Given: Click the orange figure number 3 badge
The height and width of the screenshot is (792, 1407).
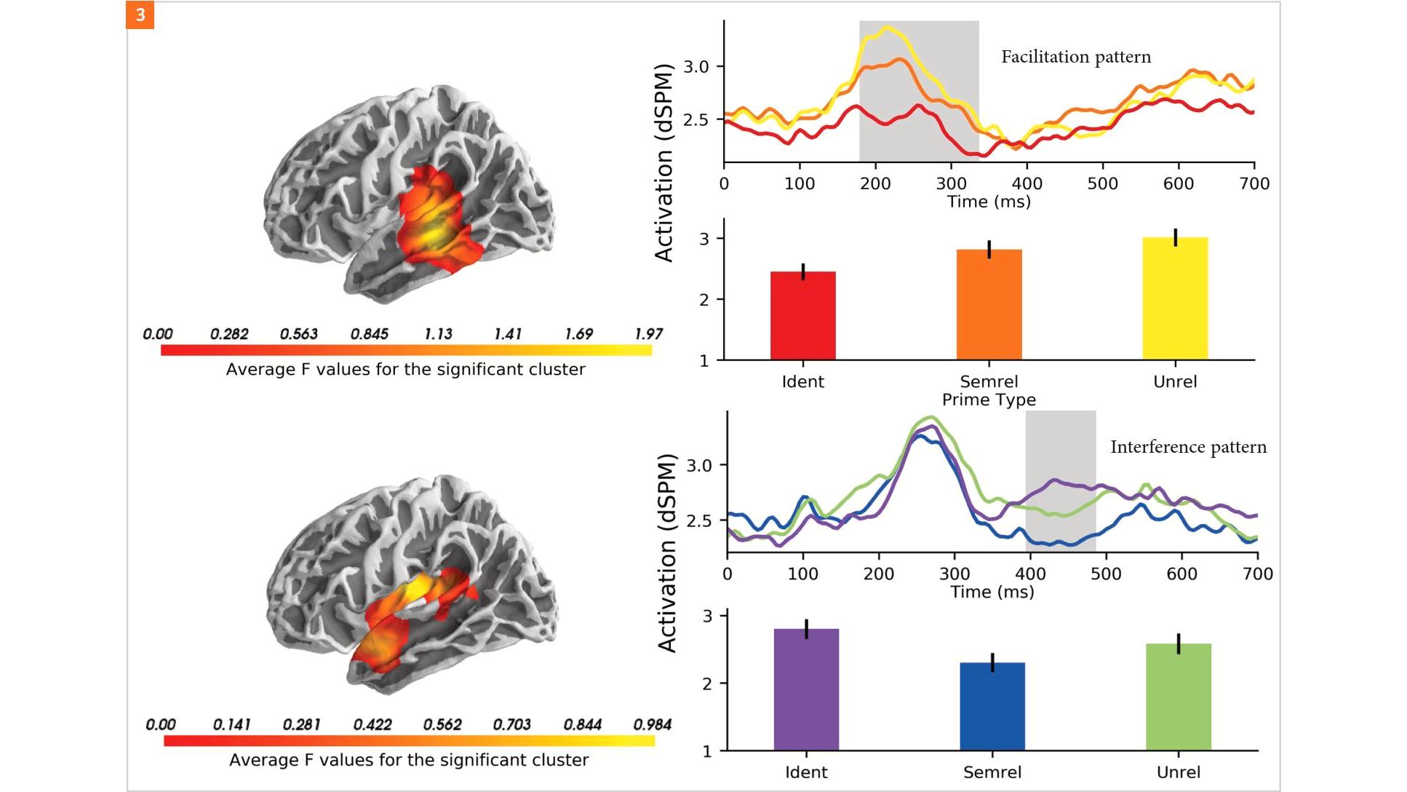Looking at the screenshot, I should (140, 15).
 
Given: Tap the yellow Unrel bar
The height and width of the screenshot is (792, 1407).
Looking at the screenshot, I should (1175, 298).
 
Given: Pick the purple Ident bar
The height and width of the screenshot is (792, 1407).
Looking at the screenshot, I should (806, 689).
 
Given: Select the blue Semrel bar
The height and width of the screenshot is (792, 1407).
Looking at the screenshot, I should (992, 706).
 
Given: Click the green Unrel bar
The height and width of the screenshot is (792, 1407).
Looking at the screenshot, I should (1179, 697).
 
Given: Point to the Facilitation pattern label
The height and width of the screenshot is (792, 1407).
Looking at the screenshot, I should (1075, 57).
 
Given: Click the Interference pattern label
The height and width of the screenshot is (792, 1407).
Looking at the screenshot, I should (1187, 447).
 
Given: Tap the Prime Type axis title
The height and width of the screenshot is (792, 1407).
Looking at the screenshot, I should (989, 400).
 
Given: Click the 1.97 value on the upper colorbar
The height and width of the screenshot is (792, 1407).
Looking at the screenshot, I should (648, 334).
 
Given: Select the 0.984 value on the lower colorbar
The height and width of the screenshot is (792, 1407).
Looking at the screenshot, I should (652, 724).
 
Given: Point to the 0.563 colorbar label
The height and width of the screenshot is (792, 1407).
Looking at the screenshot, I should (299, 334).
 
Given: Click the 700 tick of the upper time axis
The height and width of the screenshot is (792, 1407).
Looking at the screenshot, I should (1254, 183).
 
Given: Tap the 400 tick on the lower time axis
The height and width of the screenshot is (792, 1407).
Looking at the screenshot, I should (1030, 574).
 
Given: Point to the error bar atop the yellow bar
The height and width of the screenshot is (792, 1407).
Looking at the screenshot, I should (1175, 237).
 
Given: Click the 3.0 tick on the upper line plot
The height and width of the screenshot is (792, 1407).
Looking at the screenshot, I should (696, 67).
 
